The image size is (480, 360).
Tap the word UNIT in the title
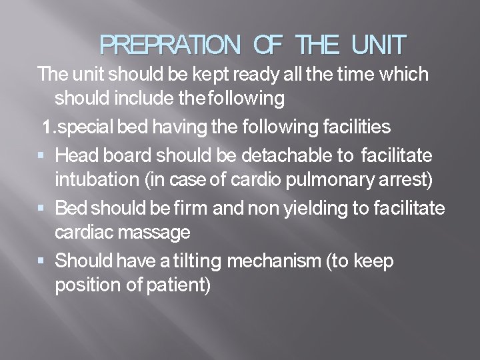point(377,46)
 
